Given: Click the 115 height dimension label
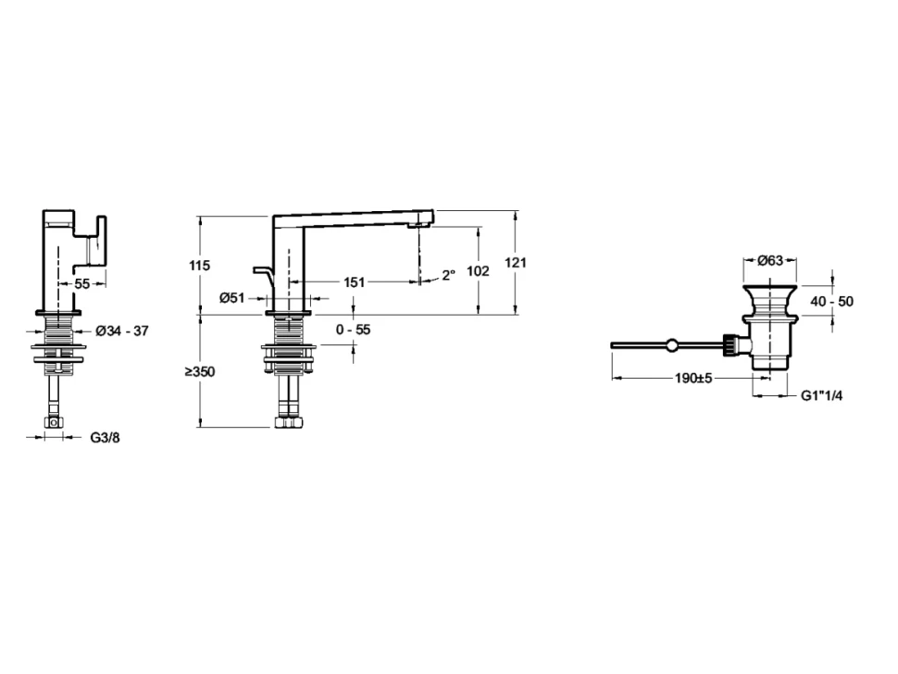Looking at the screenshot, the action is tap(199, 265).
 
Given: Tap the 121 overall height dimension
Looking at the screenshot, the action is tap(516, 262).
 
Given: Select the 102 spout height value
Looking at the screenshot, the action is tap(479, 270).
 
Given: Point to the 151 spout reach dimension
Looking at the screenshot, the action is tap(354, 281).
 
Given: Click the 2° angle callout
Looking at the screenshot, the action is tap(448, 275).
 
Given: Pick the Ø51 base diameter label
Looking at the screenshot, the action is tap(232, 298).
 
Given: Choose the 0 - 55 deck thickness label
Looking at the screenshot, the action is tap(354, 330).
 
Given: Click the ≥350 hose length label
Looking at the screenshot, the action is tap(200, 371).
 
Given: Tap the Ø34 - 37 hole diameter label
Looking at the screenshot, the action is tap(122, 331).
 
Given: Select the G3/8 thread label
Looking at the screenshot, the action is tap(106, 438).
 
